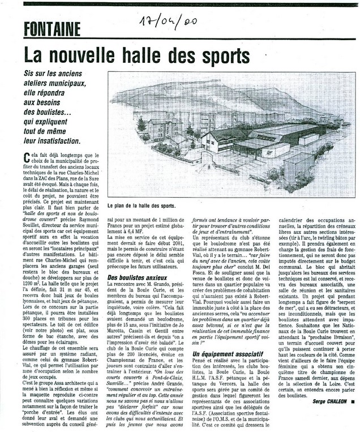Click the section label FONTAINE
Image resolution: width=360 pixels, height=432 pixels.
point(52,28)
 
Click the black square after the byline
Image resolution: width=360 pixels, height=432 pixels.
point(353,417)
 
